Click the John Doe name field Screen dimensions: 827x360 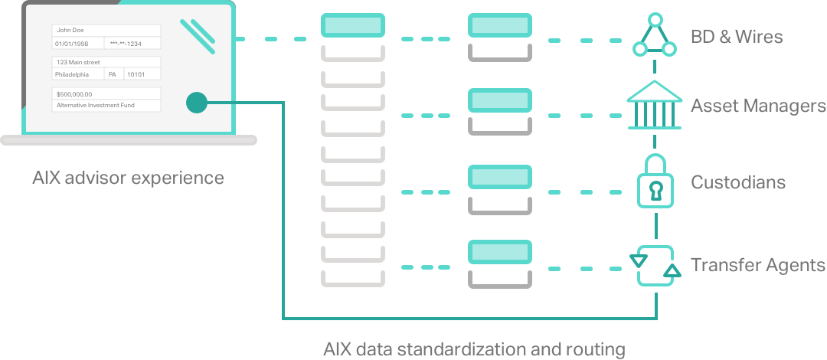pos(106,31)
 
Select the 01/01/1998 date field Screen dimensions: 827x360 pos(77,44)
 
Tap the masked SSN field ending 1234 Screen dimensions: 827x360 pos(132,44)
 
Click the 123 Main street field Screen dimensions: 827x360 pos(106,62)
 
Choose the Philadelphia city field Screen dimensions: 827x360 pos(77,74)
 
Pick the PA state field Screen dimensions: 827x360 pos(113,74)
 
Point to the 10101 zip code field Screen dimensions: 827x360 pos(142,74)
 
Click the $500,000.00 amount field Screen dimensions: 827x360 pos(106,94)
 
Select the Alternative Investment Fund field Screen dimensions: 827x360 pos(106,106)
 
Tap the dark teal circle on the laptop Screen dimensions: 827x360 pos(197,103)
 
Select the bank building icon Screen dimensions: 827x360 pos(654,105)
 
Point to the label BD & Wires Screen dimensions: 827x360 pos(737,37)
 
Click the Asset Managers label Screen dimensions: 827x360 pos(758,106)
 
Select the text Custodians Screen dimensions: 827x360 pos(738,182)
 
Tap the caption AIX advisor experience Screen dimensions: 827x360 pos(128,178)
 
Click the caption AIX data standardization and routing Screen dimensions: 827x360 pos(474,349)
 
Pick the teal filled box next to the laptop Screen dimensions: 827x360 pos(353,25)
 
